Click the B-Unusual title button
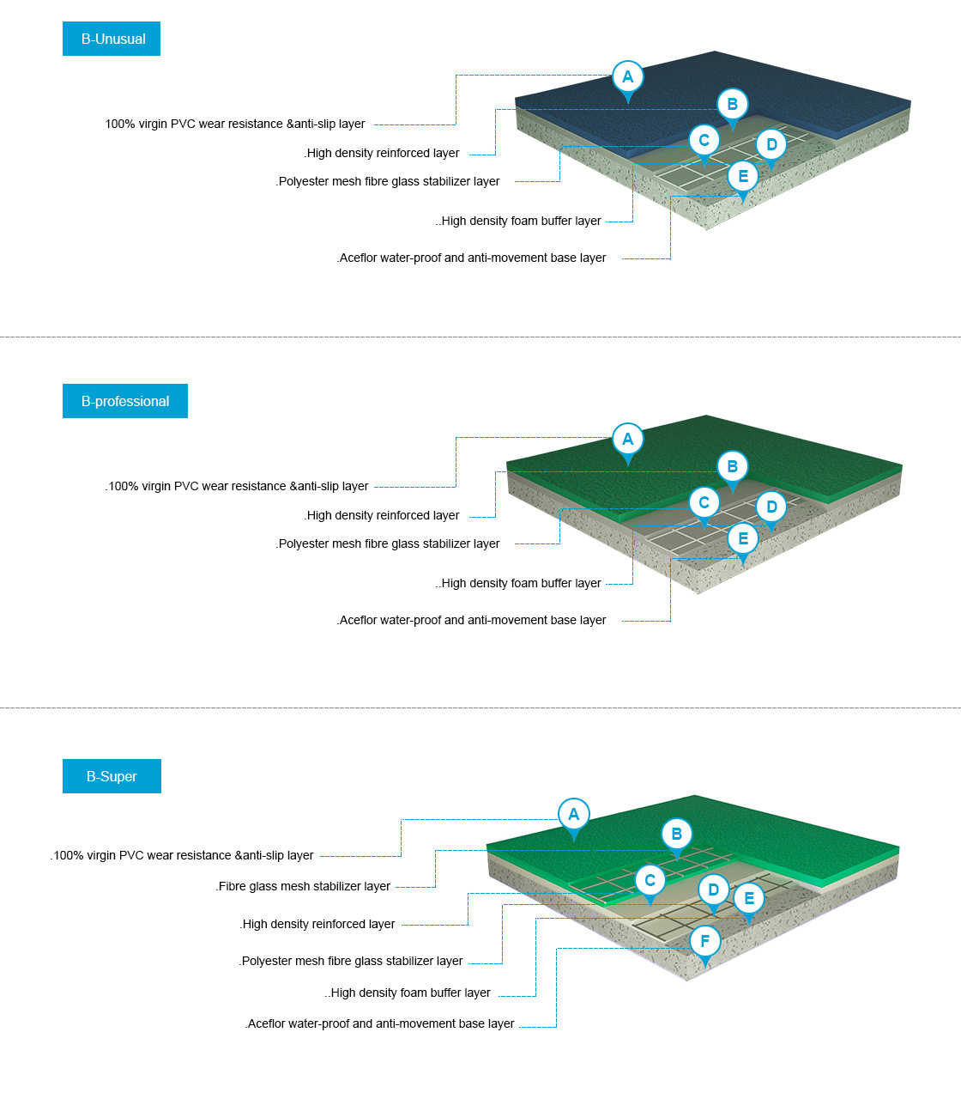coord(112,39)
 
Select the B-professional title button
coord(125,401)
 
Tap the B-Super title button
coord(112,776)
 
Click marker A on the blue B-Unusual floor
coord(627,77)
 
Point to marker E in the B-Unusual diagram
coord(743,177)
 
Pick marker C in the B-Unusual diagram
coord(704,141)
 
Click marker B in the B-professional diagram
coord(732,466)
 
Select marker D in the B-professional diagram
coord(771,507)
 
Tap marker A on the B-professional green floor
coord(627,440)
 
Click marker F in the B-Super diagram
coord(705,942)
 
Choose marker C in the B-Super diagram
coord(650,880)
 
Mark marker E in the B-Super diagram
coord(749,898)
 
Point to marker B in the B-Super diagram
coord(676,834)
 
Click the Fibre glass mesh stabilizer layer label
coord(304,886)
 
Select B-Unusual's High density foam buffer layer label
coord(520,221)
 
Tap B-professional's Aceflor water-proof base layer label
coord(472,620)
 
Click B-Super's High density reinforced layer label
coord(317,924)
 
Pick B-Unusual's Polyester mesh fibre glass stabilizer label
coord(388,181)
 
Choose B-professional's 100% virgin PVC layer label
coord(238,486)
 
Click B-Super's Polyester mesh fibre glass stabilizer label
coord(351,961)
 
